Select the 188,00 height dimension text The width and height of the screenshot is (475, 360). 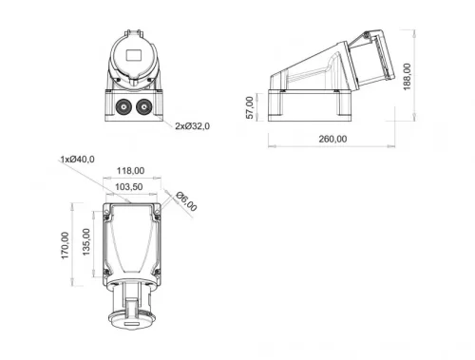(406, 75)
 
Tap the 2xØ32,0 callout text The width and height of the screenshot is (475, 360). (192, 124)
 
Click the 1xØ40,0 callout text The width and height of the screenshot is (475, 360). (77, 159)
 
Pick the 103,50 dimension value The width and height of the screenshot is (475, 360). (131, 187)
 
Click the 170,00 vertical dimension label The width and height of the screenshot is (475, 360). (66, 246)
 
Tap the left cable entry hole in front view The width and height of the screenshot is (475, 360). (123, 105)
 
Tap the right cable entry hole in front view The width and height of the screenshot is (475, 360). (143, 105)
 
